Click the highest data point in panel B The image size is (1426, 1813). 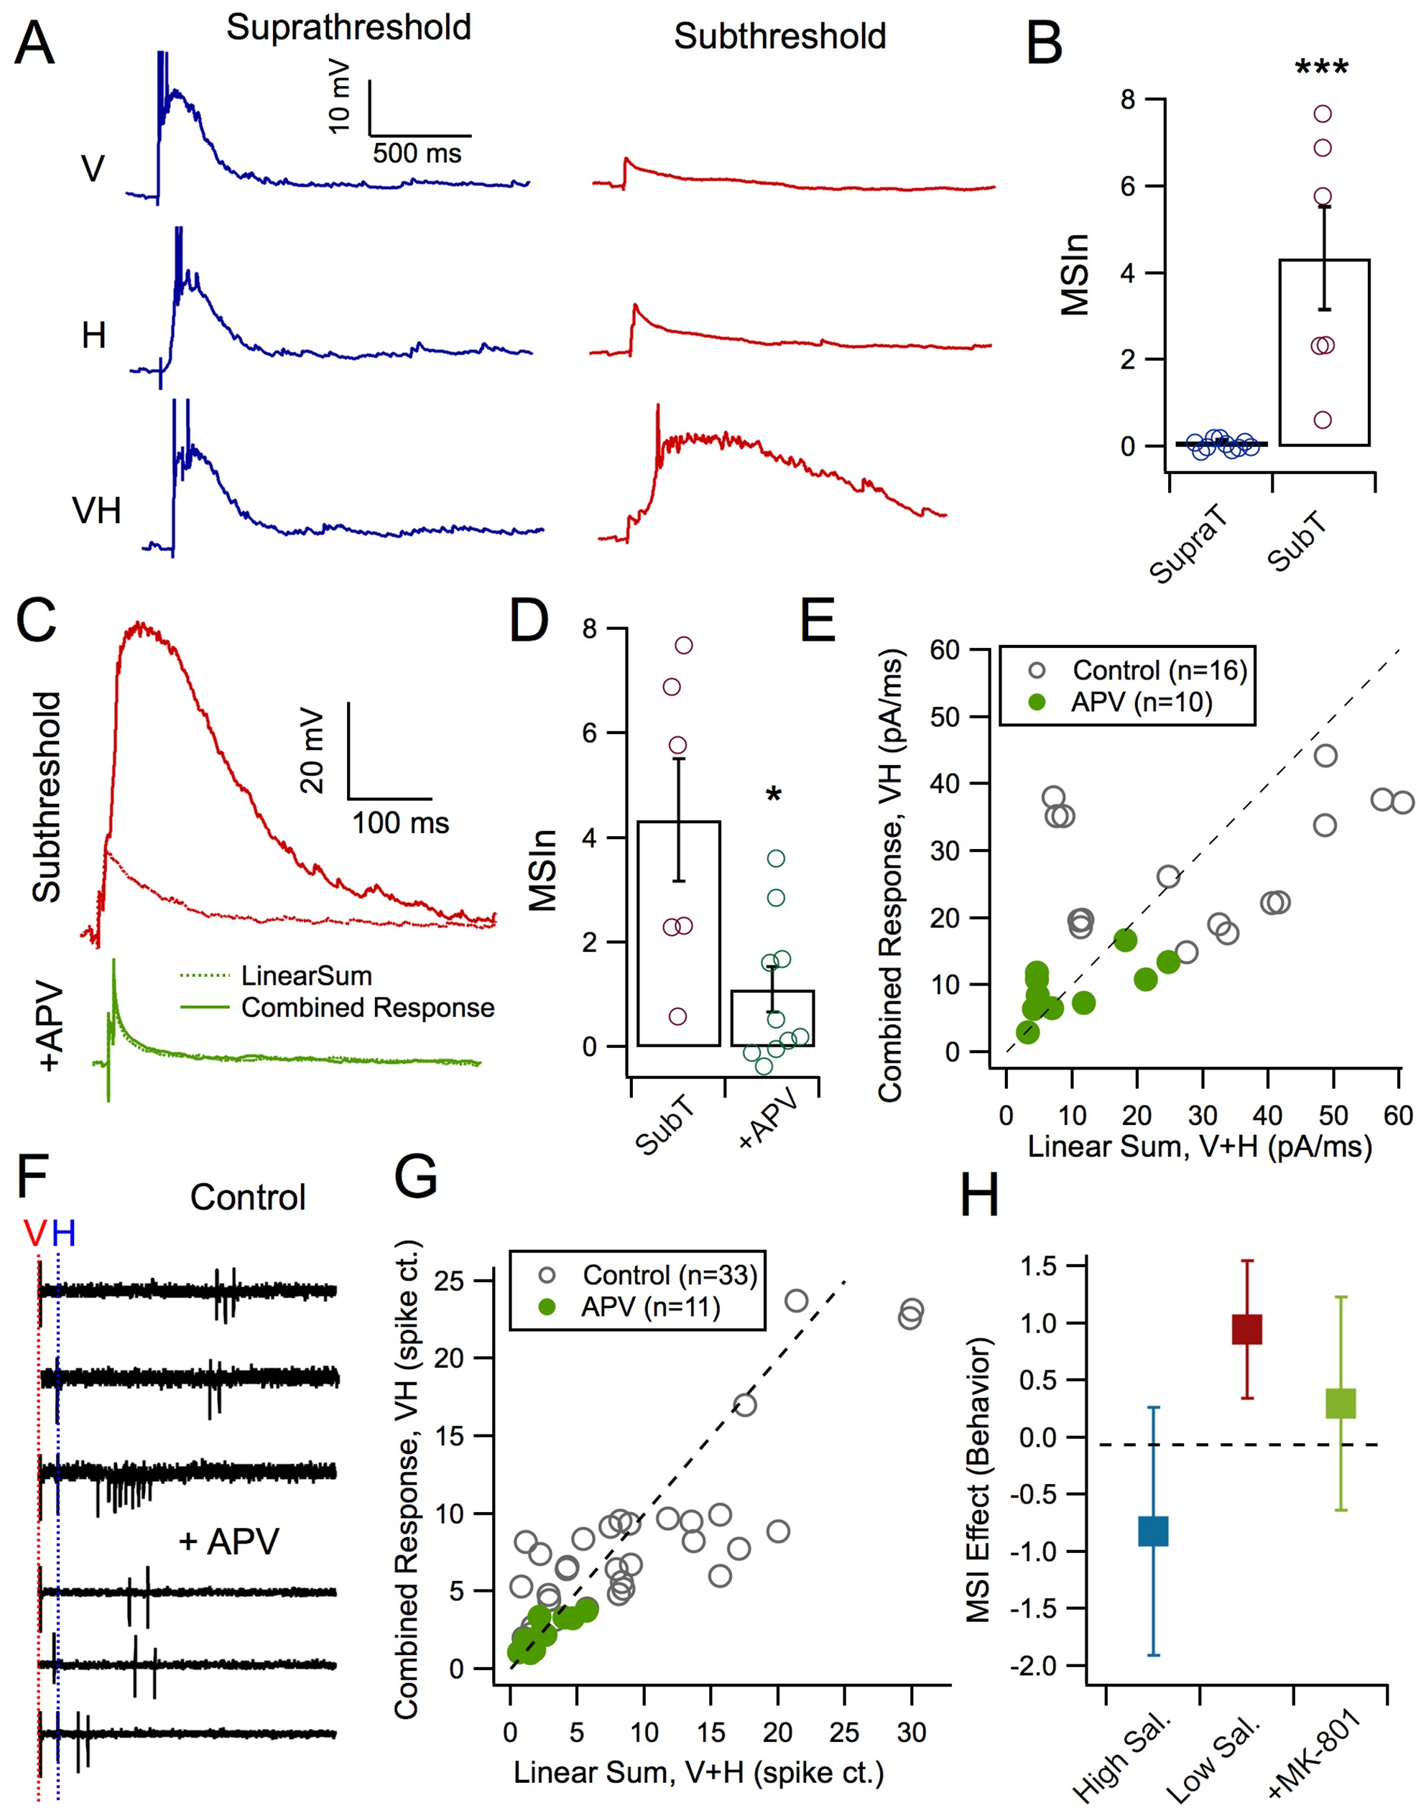[1322, 113]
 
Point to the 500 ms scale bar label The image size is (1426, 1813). [417, 154]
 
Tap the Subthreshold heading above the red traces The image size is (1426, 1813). [779, 37]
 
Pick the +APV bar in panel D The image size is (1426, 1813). [772, 1018]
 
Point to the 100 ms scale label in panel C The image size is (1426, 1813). [400, 823]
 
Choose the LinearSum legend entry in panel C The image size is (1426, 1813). [305, 975]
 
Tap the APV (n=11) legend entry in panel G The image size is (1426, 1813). [649, 1307]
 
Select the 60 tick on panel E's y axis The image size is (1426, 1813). [944, 650]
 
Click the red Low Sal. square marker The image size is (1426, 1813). [1246, 1329]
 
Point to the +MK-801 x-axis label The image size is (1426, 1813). [1313, 1751]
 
